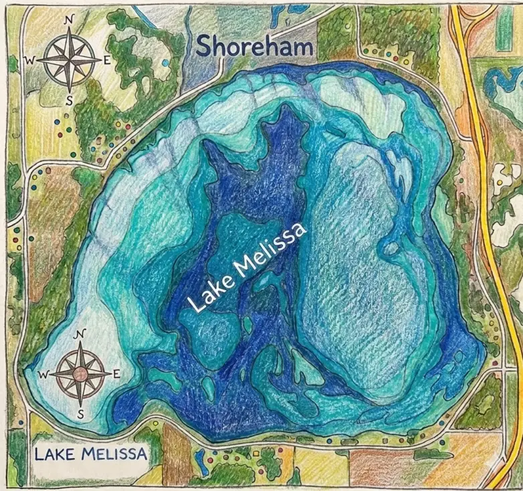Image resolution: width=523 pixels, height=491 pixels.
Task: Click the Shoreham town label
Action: point(255,47)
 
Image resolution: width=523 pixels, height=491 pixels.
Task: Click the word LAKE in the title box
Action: point(56,455)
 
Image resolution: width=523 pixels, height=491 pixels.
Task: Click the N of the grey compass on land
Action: point(68,21)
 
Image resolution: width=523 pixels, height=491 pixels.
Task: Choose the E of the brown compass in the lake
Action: point(116,373)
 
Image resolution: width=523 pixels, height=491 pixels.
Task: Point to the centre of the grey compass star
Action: point(68,59)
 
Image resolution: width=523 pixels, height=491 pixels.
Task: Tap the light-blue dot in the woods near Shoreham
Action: point(165,62)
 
